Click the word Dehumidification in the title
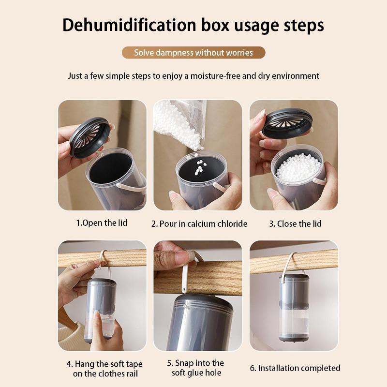[x=127, y=25]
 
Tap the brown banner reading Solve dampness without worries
[x=193, y=53]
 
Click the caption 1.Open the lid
[x=102, y=223]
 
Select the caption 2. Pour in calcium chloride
[x=199, y=223]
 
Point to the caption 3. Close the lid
[x=295, y=223]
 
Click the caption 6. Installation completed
[x=295, y=368]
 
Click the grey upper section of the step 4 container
[x=102, y=295]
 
